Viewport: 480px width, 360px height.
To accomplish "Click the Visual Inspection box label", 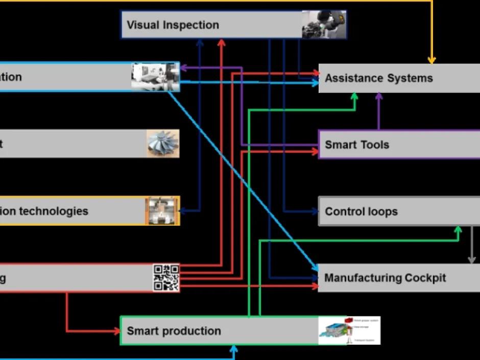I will tap(173, 25).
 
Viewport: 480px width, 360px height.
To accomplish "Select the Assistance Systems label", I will tap(378, 78).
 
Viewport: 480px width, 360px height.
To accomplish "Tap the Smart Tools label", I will tap(357, 145).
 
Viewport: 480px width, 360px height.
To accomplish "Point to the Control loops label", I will tap(361, 211).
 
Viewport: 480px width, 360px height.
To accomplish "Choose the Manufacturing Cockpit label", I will tap(385, 278).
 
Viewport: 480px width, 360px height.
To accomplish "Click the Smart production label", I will tap(174, 331).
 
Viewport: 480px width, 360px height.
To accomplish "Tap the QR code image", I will tap(166, 278).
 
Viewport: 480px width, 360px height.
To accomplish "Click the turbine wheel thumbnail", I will tap(163, 143).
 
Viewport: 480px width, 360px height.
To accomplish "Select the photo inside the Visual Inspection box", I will tap(324, 25).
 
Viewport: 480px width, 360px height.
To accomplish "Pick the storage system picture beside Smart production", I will tap(349, 330).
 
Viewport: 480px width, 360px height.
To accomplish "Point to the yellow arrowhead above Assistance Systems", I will tap(431, 60).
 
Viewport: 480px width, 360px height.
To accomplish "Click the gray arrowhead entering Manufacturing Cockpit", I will tap(472, 260).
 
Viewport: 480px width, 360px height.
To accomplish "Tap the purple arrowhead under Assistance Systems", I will tap(379, 96).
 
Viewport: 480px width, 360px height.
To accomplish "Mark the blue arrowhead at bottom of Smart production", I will tap(234, 349).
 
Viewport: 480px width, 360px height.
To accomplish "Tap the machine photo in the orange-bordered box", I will tap(162, 210).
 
